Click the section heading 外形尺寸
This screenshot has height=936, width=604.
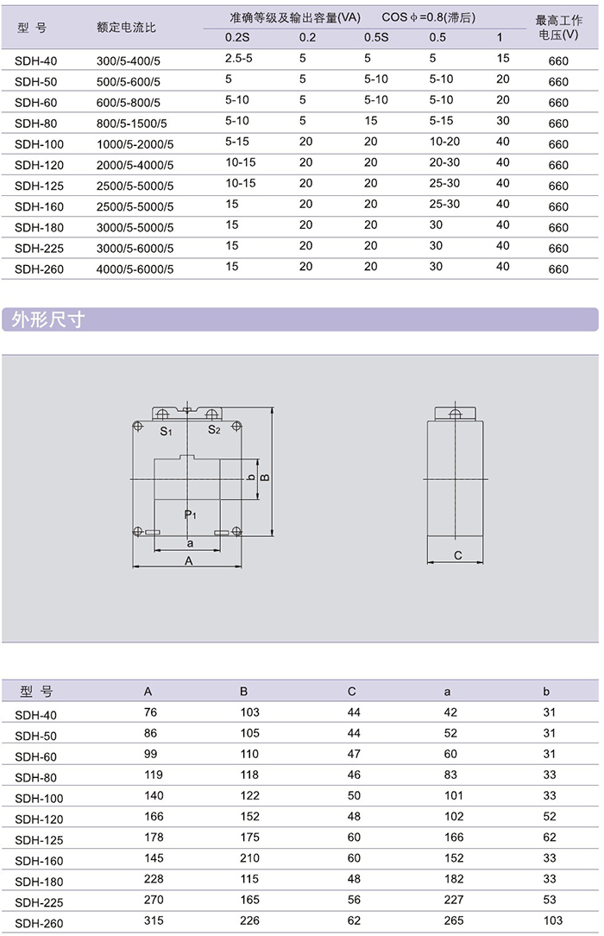coord(48,320)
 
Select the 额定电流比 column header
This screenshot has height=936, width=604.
coord(126,27)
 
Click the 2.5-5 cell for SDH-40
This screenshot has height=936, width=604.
coord(238,59)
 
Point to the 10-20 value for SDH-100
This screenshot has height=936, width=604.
coord(444,142)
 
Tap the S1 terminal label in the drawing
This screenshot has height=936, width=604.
coord(167,430)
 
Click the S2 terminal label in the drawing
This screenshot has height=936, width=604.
coord(214,430)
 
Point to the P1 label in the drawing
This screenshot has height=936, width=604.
coord(191,515)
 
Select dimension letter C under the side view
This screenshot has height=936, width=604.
coord(458,555)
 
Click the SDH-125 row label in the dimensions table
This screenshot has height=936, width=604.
coord(39,839)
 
